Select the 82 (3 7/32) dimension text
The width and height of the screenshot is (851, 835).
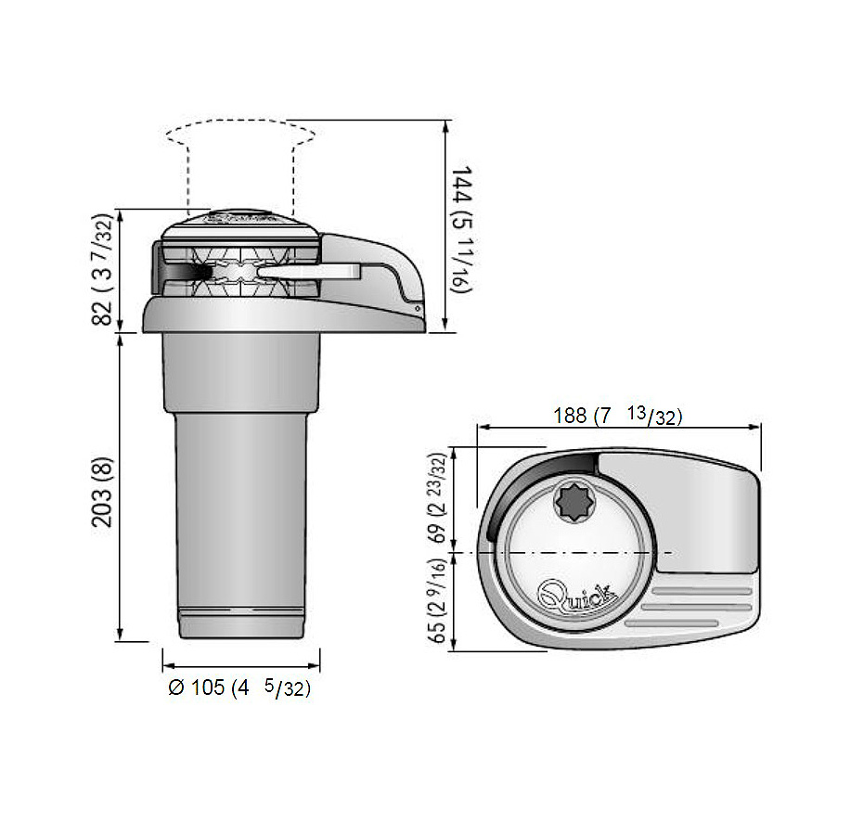point(102,270)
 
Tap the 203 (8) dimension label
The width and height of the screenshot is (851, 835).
point(102,493)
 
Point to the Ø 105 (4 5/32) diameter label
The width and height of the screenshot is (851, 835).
point(239,687)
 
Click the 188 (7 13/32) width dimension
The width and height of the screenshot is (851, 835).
point(618,416)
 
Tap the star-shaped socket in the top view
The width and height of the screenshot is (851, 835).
point(574,500)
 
